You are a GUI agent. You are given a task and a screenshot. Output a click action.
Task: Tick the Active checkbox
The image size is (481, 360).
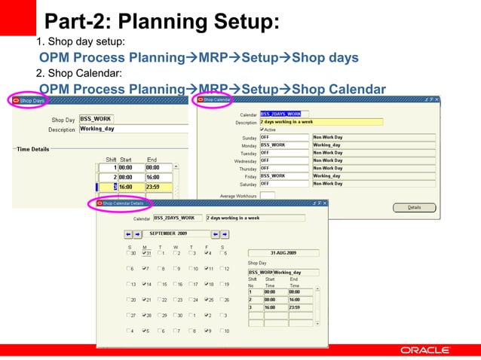pos(262,130)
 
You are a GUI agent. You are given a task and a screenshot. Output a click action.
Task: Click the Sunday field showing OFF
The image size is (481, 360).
pos(284,138)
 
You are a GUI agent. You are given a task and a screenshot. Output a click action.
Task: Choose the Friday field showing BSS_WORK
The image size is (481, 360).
pos(284,176)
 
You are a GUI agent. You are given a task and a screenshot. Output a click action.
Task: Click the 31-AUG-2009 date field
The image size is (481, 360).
pos(283,253)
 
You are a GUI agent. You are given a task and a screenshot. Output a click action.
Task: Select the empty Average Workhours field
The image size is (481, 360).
pos(267,196)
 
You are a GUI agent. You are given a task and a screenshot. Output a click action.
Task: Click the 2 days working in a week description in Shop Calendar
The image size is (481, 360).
pos(320,122)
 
